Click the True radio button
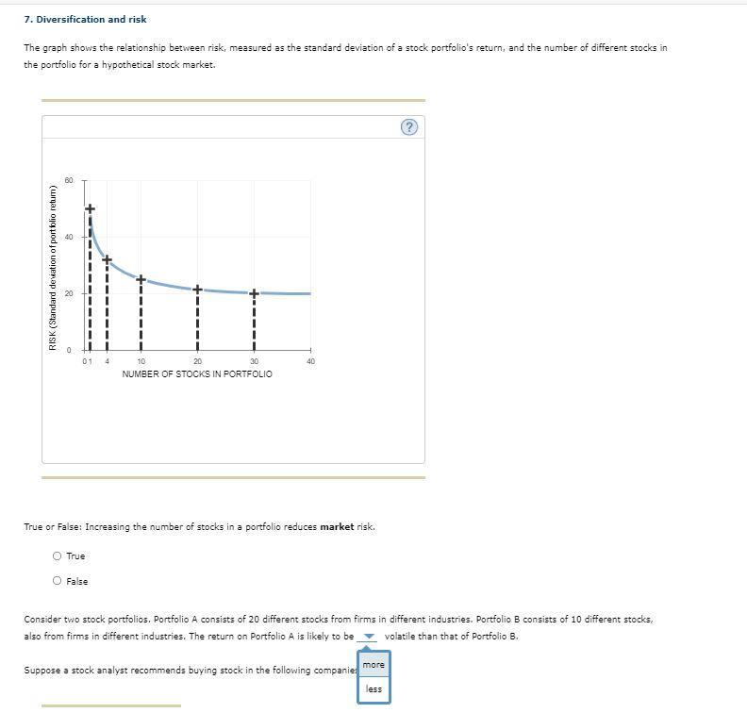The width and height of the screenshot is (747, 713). click(x=57, y=555)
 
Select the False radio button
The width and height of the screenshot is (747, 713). click(x=57, y=581)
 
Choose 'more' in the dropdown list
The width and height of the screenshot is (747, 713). click(x=373, y=665)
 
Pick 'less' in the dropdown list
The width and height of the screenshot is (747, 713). click(x=373, y=688)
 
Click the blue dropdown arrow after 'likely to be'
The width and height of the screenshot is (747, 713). click(x=369, y=637)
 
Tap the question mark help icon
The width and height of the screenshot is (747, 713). click(x=408, y=127)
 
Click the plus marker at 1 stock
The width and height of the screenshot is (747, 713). click(x=90, y=208)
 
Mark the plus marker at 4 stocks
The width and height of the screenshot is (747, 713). click(x=107, y=259)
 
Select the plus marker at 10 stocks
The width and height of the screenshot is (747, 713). click(x=141, y=279)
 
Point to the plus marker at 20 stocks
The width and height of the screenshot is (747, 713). click(x=197, y=289)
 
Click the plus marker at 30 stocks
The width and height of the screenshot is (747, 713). click(x=254, y=293)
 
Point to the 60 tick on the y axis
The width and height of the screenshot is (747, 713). click(x=69, y=180)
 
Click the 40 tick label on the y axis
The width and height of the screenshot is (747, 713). click(x=69, y=237)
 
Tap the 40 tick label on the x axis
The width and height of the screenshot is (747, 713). click(x=310, y=361)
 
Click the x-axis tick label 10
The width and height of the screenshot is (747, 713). click(x=141, y=361)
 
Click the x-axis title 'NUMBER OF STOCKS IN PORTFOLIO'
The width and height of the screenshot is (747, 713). click(x=197, y=374)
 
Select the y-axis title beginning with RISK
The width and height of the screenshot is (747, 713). click(x=53, y=267)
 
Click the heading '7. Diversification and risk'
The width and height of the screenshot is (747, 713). click(x=85, y=19)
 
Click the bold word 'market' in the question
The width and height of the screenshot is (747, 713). click(x=337, y=526)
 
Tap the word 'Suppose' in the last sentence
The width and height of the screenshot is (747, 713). click(x=41, y=671)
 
